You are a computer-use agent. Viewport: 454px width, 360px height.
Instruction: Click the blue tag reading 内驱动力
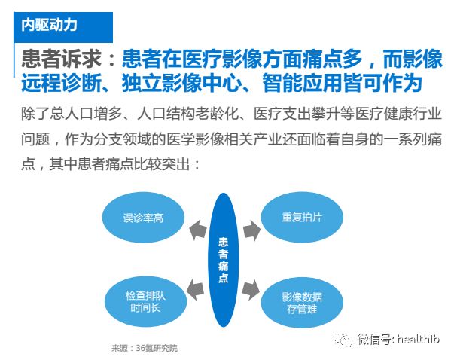[63, 27]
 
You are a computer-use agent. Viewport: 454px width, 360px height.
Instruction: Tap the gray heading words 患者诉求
[61, 59]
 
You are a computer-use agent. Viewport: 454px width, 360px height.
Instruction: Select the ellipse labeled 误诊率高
[143, 218]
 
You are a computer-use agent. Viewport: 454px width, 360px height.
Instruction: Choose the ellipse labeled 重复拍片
[302, 217]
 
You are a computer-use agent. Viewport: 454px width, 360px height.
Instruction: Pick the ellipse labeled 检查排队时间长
[145, 301]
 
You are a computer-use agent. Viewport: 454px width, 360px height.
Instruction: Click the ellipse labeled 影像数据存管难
[302, 303]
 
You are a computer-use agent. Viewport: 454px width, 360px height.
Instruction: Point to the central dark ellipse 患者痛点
[224, 260]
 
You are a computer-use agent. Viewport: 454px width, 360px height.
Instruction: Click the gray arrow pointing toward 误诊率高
[197, 230]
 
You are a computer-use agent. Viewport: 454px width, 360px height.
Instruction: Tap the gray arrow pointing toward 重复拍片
[251, 230]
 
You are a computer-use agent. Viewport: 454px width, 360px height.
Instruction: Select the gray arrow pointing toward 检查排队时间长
[196, 290]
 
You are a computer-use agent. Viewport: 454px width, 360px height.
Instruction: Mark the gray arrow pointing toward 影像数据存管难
[250, 290]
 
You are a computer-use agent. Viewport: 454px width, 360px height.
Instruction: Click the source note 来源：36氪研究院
[145, 348]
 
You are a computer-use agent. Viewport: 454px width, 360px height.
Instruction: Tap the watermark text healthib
[419, 339]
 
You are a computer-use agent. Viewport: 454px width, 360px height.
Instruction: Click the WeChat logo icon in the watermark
[343, 340]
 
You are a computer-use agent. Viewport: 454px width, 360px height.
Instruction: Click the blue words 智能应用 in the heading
[302, 83]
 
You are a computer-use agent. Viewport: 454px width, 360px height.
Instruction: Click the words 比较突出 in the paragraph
[162, 164]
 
